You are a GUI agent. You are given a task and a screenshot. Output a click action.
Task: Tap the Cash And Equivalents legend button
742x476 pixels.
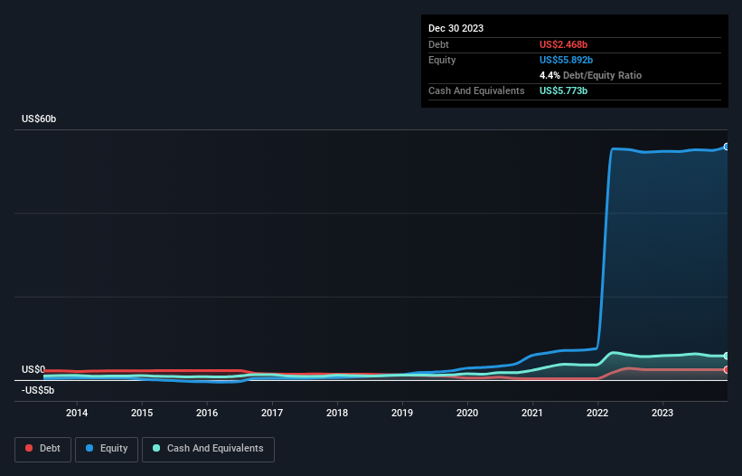coord(208,449)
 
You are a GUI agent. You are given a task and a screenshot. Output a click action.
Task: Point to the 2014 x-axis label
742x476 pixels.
coord(77,414)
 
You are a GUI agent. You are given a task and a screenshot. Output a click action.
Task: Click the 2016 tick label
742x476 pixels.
coord(207,414)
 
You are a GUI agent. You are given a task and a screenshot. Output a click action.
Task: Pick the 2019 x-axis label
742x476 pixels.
coord(402,414)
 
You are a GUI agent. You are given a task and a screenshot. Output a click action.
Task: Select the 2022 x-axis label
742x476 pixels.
coord(597,414)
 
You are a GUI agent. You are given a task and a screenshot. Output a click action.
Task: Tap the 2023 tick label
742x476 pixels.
coord(662,414)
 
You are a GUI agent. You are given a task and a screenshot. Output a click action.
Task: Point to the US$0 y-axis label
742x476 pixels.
coord(33,369)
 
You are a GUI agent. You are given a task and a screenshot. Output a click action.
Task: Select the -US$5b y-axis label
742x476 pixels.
coord(38,390)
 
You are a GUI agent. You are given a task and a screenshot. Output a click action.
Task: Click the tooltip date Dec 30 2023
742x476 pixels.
coord(456,28)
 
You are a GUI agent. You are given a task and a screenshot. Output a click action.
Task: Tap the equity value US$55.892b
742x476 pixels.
coord(568,60)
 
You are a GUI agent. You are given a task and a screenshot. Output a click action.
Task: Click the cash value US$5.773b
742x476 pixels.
coord(565,90)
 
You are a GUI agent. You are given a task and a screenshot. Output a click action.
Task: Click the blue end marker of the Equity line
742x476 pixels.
coord(726,147)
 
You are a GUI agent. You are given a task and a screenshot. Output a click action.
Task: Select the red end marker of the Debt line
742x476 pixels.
coord(726,369)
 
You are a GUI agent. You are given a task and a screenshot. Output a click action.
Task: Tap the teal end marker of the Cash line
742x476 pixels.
coord(726,356)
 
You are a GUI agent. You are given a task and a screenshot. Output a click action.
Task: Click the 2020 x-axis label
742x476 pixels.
coord(467,414)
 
